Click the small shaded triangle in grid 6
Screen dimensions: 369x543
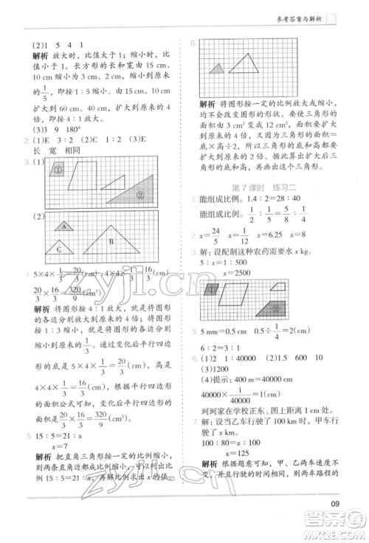pos(217,69)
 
